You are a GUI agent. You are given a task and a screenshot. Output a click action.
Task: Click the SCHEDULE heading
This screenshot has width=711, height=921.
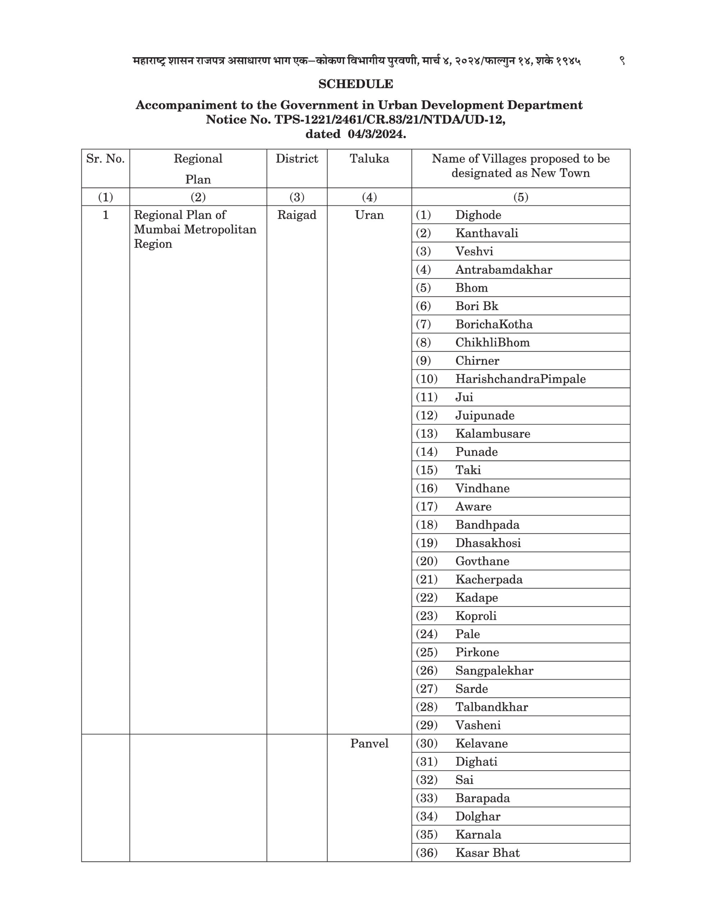tap(355, 84)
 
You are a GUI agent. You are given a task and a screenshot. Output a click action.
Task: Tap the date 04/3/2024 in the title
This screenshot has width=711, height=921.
tap(377, 134)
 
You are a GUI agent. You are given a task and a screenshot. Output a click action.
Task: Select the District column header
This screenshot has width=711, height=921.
tap(297, 159)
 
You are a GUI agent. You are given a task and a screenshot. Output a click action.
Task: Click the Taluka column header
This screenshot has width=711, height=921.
tap(369, 159)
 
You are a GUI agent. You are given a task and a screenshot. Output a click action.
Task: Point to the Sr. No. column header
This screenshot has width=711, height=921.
tap(105, 159)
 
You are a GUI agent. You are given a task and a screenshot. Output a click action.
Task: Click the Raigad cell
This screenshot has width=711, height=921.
tap(297, 215)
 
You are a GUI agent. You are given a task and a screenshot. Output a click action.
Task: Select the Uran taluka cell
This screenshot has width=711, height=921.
tap(369, 215)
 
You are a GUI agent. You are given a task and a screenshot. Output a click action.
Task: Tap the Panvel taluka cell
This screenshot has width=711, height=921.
tap(369, 744)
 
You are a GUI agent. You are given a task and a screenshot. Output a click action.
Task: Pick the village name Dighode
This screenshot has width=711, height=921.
tap(478, 215)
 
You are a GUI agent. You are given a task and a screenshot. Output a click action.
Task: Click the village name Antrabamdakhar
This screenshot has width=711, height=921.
tap(503, 269)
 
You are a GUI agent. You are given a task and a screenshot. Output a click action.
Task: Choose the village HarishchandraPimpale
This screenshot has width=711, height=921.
tap(520, 379)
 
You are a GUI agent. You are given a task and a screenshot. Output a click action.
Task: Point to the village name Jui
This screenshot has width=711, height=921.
tap(464, 397)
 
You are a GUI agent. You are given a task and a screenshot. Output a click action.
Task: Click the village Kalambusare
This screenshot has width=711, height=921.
tap(492, 434)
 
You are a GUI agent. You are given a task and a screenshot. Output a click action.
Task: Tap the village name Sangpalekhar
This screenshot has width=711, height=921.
tap(494, 671)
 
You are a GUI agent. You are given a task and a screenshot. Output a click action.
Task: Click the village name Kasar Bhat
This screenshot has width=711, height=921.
tap(487, 853)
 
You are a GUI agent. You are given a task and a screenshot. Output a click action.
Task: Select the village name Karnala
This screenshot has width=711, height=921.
tap(478, 835)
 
